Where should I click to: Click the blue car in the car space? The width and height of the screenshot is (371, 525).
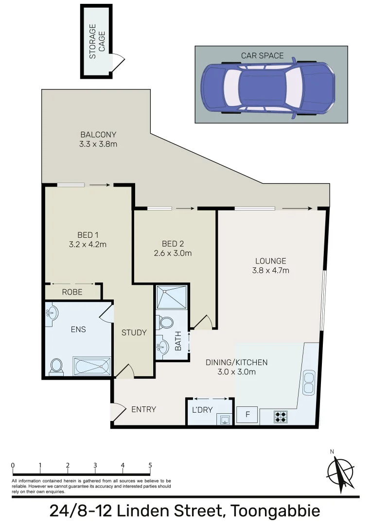(268, 88)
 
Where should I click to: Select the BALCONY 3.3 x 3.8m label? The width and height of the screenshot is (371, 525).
(99, 140)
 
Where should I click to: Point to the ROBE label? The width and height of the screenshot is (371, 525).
(72, 292)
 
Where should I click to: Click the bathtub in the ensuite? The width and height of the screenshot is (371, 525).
(92, 367)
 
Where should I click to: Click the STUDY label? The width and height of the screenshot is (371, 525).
(134, 332)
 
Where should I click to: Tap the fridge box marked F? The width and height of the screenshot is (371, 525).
(247, 415)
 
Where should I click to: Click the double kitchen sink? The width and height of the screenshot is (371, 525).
(308, 383)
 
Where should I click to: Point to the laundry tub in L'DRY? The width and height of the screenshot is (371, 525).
(225, 419)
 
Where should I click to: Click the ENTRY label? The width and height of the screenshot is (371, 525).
(143, 409)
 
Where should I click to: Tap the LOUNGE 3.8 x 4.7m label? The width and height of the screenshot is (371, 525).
(270, 265)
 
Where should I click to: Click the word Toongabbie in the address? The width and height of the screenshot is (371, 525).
(275, 511)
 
